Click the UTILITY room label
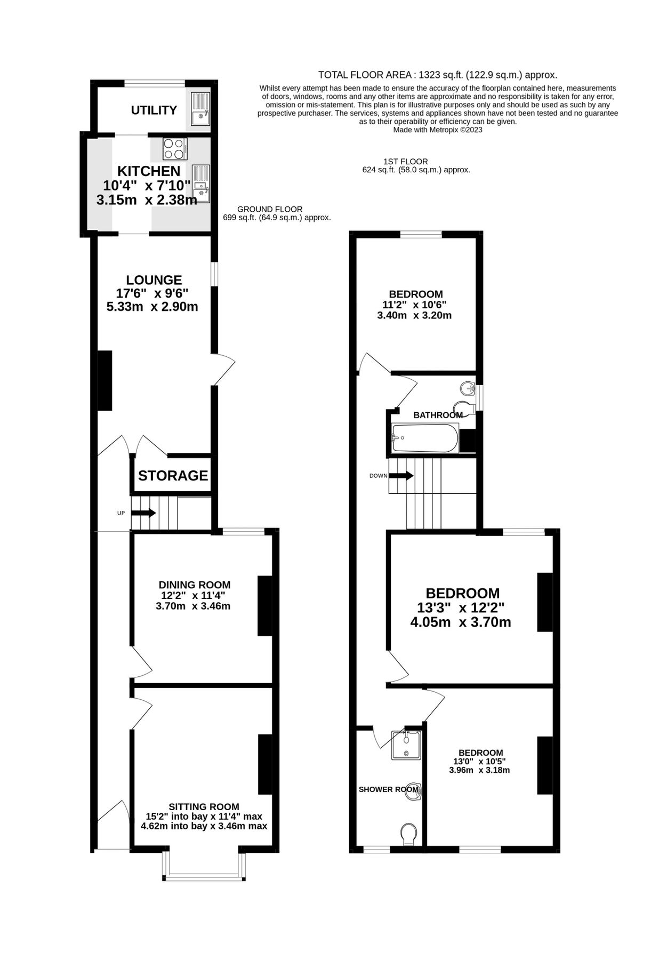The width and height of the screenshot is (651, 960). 154,110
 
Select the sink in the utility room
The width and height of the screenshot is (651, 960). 201,109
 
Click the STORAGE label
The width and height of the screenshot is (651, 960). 173,475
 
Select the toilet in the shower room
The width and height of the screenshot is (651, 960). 408,834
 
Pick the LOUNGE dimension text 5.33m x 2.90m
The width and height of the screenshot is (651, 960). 152,307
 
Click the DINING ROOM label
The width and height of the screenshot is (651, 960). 195,585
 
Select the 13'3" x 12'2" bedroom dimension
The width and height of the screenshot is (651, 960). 461,607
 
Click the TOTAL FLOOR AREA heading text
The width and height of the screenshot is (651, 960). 437,75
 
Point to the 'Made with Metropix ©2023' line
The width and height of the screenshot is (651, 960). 437,130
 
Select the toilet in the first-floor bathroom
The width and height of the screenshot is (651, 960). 463,408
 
